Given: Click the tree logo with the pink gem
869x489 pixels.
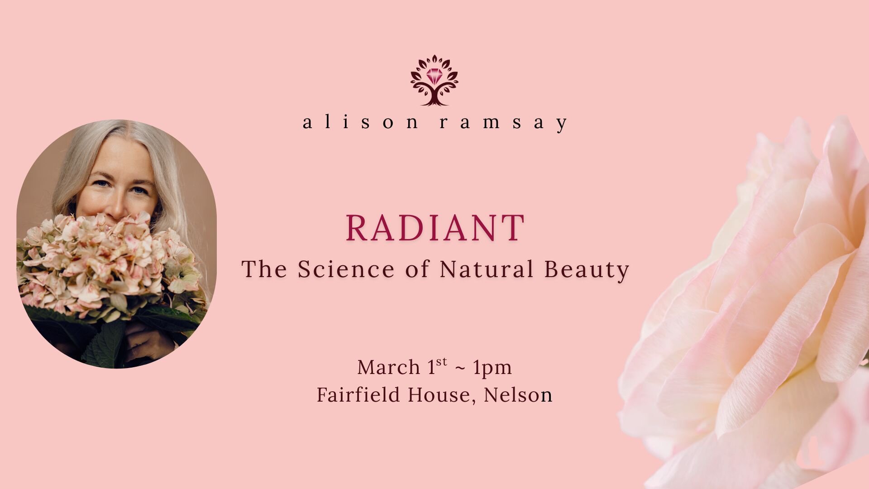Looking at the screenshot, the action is pyautogui.click(x=434, y=81).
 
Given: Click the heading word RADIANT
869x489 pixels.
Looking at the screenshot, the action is pyautogui.click(x=435, y=228).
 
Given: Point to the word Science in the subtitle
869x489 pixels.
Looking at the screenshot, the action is pyautogui.click(x=346, y=269).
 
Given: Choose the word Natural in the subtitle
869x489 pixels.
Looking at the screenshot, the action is pyautogui.click(x=487, y=269).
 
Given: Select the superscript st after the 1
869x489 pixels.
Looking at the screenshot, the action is pyautogui.click(x=442, y=362).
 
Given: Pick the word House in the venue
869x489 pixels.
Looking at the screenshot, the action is pyautogui.click(x=441, y=395).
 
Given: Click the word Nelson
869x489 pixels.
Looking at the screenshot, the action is pyautogui.click(x=518, y=394).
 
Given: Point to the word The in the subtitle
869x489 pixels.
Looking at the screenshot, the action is pyautogui.click(x=264, y=269).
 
